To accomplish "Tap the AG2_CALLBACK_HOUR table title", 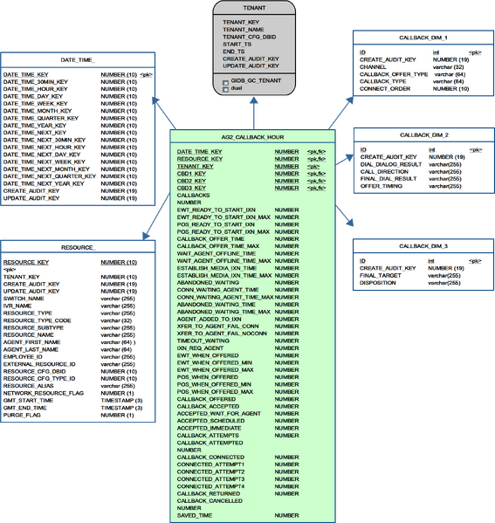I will click(x=251, y=138).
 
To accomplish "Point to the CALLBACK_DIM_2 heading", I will click(x=423, y=136).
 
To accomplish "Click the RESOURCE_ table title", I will click(x=78, y=248).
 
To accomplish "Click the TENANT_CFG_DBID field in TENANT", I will click(x=250, y=36).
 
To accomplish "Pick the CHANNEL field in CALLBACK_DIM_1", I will click(x=374, y=65).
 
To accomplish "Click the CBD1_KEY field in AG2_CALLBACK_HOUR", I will click(x=192, y=173).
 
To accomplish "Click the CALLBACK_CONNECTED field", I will click(x=210, y=457).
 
